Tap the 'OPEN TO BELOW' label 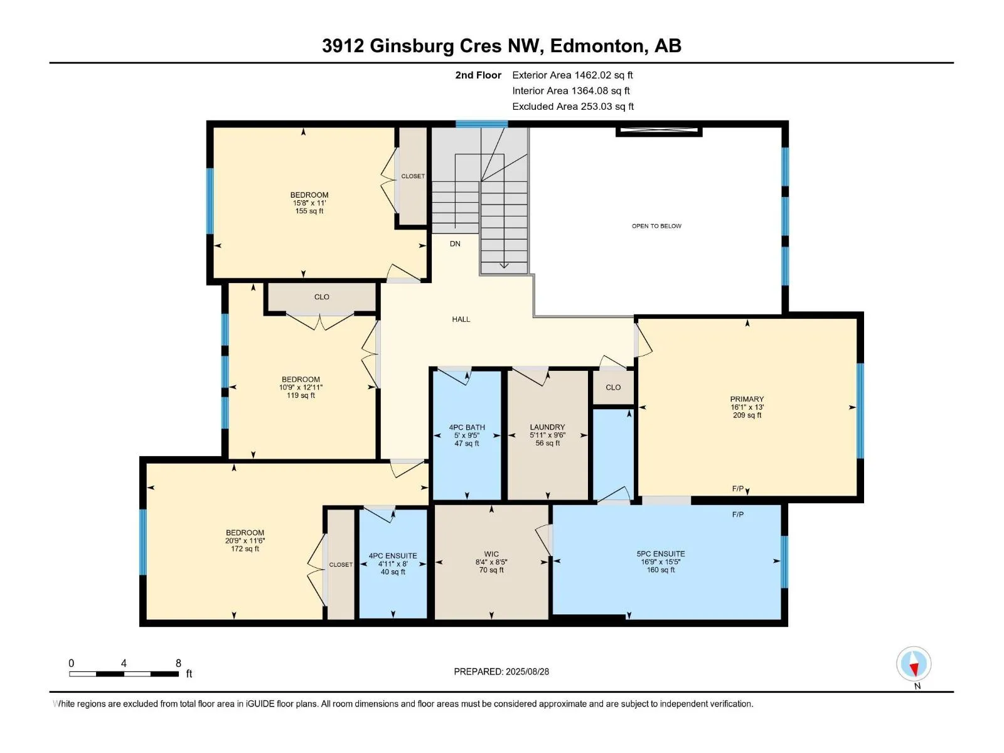click(656, 226)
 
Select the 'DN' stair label click(455, 243)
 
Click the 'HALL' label click(461, 319)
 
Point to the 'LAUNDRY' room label click(547, 427)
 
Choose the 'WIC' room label click(491, 553)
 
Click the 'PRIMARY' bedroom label click(747, 399)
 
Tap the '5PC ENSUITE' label click(661, 553)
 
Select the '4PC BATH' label click(467, 427)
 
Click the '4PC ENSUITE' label click(392, 555)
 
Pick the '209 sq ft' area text click(747, 415)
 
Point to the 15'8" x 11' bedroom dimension click(309, 203)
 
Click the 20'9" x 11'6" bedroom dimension click(245, 540)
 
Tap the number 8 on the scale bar click(178, 663)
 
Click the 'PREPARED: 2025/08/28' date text click(501, 671)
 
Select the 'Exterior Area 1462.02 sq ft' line click(572, 75)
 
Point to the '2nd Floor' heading click(478, 75)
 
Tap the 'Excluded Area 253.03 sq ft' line click(573, 107)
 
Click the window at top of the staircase click(482, 124)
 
